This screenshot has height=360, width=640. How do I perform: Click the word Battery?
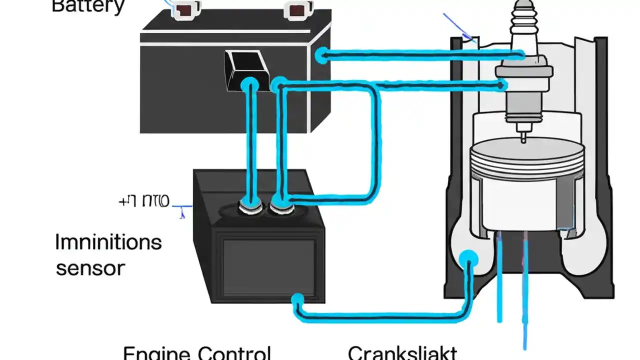[88, 6]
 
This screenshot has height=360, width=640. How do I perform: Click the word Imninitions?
[108, 242]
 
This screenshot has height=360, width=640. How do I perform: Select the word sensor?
[90, 268]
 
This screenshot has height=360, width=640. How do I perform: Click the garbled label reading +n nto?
[144, 201]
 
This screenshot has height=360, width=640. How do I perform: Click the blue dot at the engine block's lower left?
[468, 259]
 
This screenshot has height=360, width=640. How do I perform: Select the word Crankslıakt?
[402, 353]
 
